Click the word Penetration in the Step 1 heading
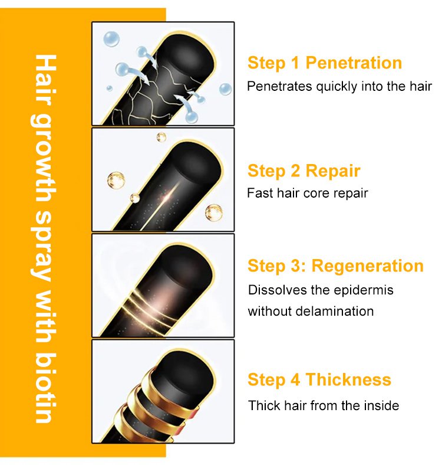point(354,63)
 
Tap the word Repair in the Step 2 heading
point(333,171)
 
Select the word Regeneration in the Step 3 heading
point(367,266)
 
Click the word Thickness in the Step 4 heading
point(348,379)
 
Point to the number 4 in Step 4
point(295,379)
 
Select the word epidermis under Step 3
point(364,290)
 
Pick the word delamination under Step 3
point(335,312)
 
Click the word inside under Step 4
point(381,405)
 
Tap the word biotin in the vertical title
point(44,388)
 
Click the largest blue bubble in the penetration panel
point(111,39)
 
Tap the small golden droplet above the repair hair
point(161,137)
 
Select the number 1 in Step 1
point(295,63)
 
